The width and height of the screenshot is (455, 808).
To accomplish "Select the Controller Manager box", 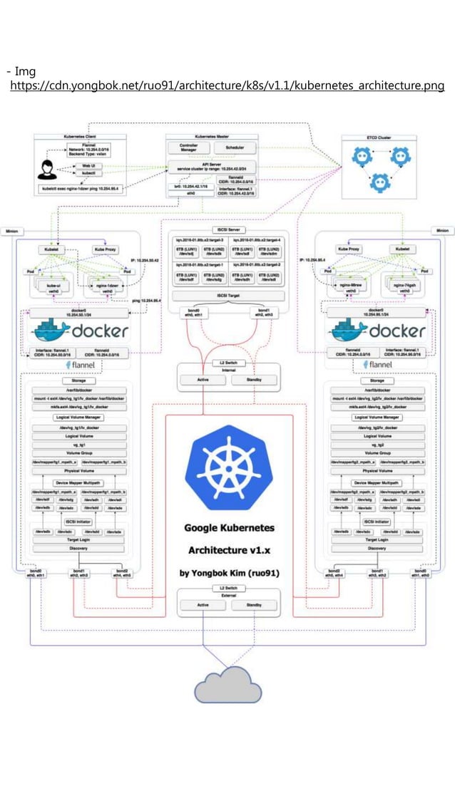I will [188, 147].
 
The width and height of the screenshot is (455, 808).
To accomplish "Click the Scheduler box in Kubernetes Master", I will [235, 147].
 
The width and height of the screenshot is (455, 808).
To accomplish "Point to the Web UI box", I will [89, 165].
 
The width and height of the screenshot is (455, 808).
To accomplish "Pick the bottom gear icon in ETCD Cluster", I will [379, 184].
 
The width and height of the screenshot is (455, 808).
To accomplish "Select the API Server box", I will [212, 166].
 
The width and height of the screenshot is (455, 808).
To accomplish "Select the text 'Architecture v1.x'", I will [228, 550].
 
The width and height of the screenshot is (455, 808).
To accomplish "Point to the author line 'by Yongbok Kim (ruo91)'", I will [228, 573].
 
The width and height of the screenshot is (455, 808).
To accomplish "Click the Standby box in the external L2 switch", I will [253, 605].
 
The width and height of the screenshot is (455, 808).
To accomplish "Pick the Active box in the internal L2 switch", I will [203, 380].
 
